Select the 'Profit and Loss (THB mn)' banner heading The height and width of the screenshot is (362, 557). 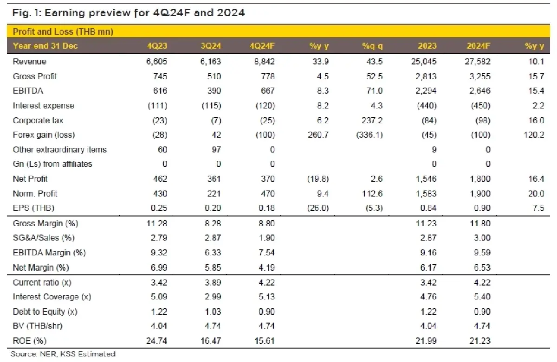pyautogui.click(x=63, y=32)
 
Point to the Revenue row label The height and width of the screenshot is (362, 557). pyautogui.click(x=30, y=62)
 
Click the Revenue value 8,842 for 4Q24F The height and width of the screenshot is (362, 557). pyautogui.click(x=263, y=62)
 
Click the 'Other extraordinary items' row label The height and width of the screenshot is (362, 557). pyautogui.click(x=60, y=150)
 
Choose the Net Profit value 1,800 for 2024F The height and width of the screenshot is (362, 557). pyautogui.click(x=479, y=179)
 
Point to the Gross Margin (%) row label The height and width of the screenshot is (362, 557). pyautogui.click(x=45, y=223)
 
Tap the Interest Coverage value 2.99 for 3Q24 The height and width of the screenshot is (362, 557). pyautogui.click(x=212, y=297)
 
